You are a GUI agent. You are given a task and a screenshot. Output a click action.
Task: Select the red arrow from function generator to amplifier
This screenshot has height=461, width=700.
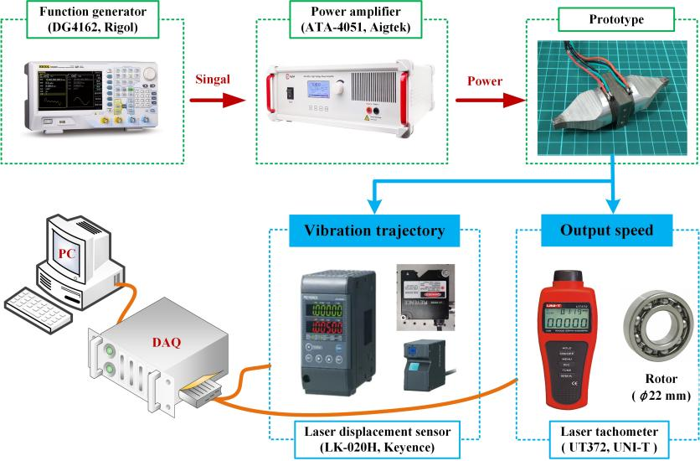click(x=220, y=99)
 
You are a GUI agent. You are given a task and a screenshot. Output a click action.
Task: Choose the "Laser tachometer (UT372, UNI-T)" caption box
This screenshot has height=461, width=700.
click(x=605, y=438)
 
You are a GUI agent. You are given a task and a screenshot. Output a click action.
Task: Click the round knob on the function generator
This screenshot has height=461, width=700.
click(x=149, y=74)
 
